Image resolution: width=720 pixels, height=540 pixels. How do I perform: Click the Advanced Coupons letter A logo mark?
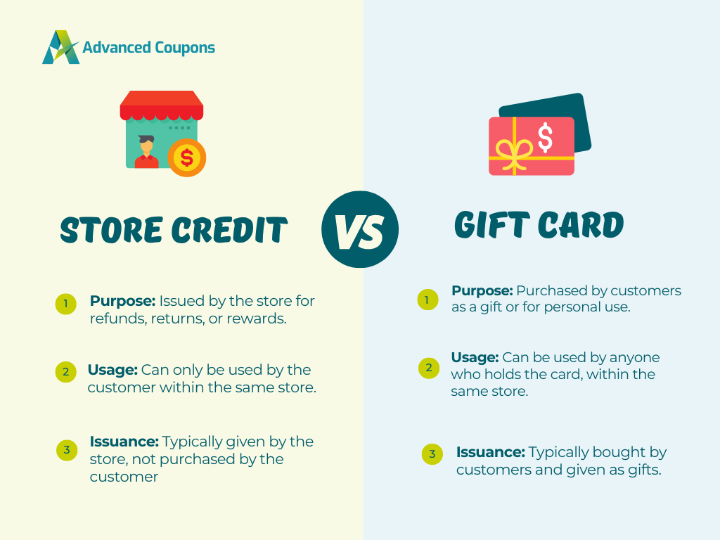(61, 47)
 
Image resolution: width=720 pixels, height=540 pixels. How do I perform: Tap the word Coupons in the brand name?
(185, 48)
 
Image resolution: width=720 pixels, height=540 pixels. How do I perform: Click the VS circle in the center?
(360, 229)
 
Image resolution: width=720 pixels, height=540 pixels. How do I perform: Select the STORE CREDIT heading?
(174, 230)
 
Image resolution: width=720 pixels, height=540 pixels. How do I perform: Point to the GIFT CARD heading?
(539, 225)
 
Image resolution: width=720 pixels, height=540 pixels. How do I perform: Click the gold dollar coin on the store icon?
(187, 157)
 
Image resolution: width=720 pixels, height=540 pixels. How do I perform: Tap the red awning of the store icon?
(162, 106)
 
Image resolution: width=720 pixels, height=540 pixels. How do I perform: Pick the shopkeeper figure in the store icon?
(146, 152)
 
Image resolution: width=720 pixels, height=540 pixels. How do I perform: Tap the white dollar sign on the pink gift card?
(545, 137)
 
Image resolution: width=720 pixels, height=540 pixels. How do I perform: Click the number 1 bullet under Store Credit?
(65, 304)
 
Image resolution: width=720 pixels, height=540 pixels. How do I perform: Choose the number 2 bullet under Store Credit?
(65, 371)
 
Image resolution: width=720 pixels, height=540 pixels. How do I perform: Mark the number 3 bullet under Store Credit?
(67, 450)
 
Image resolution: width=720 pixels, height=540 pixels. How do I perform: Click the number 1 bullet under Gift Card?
(427, 300)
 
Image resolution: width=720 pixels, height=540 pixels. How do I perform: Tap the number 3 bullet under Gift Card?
(432, 454)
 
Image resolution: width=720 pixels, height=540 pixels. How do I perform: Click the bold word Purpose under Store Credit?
(123, 301)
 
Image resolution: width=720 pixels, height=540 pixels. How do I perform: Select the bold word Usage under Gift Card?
(475, 357)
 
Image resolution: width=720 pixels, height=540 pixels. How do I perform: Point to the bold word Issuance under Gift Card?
(490, 452)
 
